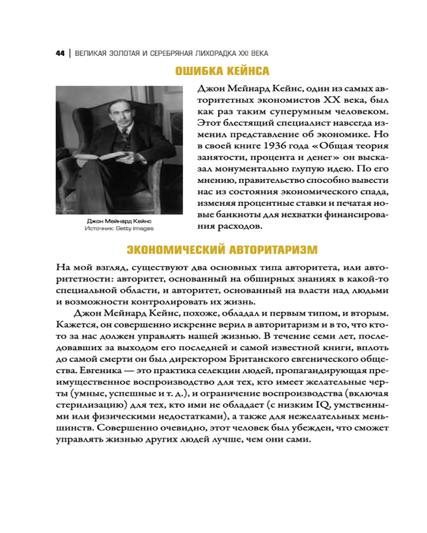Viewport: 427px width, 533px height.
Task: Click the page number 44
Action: pyautogui.click(x=59, y=54)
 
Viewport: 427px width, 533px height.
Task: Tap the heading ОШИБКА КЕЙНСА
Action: pyautogui.click(x=222, y=71)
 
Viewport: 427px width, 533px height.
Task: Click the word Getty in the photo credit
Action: pyautogui.click(x=129, y=229)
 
